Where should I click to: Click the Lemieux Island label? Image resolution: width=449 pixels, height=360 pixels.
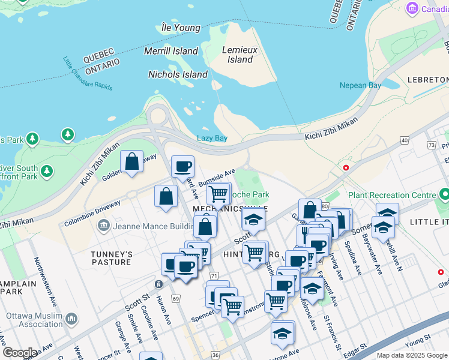240,55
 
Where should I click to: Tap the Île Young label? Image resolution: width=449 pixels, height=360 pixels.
181,28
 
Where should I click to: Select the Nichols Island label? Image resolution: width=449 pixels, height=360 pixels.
178,74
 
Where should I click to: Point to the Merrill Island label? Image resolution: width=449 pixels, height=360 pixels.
170,51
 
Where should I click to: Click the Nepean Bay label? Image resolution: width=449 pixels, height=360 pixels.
360,86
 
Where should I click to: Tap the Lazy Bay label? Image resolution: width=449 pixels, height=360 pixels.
212,138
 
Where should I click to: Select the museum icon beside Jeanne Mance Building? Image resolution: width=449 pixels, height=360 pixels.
103,226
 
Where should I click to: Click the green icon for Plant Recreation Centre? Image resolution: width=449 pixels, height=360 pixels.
444,195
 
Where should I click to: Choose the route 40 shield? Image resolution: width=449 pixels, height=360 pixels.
404,140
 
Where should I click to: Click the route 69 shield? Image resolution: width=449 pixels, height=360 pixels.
175,298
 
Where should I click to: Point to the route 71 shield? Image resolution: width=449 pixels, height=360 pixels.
214,275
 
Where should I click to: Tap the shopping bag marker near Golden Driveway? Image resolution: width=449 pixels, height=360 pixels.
131,161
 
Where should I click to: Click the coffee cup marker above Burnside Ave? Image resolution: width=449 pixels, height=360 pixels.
182,167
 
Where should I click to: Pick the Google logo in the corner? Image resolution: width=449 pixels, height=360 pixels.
19,353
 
